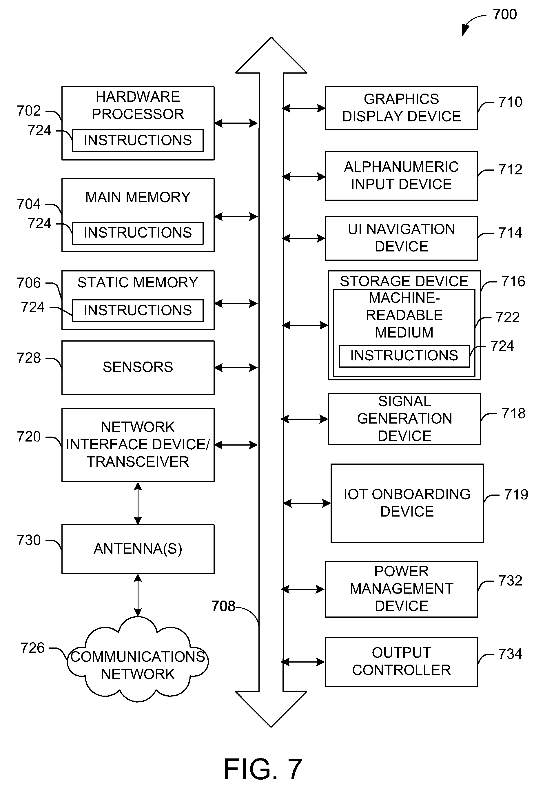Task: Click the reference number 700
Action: pyautogui.click(x=505, y=14)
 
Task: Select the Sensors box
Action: pyautogui.click(x=138, y=367)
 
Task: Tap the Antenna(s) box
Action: pyautogui.click(x=138, y=549)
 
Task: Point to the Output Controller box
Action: pyautogui.click(x=401, y=662)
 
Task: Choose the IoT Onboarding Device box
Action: pyautogui.click(x=407, y=503)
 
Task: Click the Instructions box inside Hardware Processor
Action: pyautogui.click(x=138, y=140)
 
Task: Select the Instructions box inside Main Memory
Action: pyautogui.click(x=138, y=233)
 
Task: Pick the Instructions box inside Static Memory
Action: pyautogui.click(x=138, y=310)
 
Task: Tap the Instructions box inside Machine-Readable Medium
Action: pyautogui.click(x=404, y=356)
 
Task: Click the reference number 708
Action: pyautogui.click(x=223, y=606)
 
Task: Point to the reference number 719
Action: pyautogui.click(x=516, y=494)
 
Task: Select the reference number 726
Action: pyautogui.click(x=32, y=648)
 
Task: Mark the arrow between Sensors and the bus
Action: pyautogui.click(x=236, y=368)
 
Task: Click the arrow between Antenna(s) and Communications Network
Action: pyautogui.click(x=138, y=595)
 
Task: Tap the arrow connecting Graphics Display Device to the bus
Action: pyautogui.click(x=304, y=108)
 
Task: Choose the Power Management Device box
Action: pyautogui.click(x=401, y=589)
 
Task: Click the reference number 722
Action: pyautogui.click(x=507, y=317)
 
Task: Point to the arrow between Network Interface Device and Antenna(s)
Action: pyautogui.click(x=138, y=503)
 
